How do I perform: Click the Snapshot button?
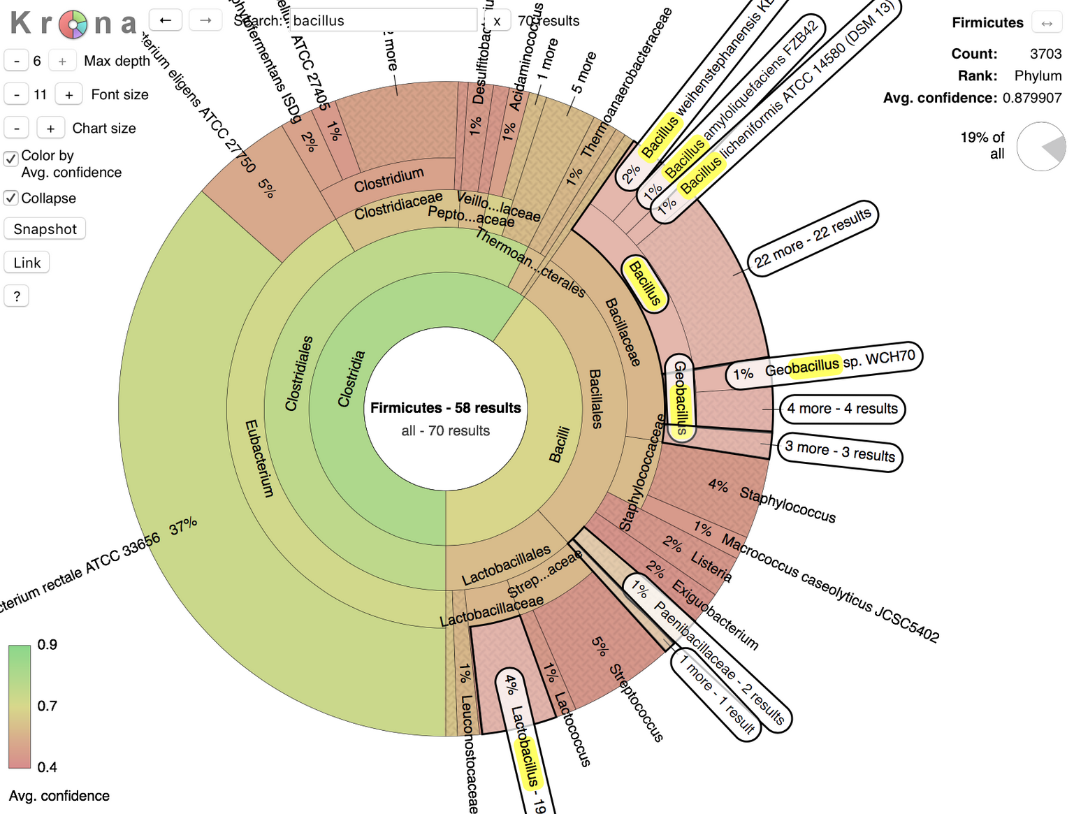tap(45, 229)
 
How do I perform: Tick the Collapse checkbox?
tap(11, 198)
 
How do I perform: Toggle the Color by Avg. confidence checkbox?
tap(11, 159)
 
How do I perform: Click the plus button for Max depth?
tap(62, 61)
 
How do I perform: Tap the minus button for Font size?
tap(17, 95)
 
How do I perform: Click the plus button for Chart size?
tap(50, 129)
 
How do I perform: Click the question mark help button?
tap(17, 296)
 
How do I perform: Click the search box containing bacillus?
tap(383, 20)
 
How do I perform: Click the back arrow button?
tap(166, 20)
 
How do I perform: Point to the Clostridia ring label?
tap(351, 379)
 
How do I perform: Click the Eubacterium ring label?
tap(259, 458)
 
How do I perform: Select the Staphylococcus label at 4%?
tap(788, 505)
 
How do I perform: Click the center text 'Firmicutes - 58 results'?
tap(446, 408)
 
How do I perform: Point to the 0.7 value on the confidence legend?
tap(48, 706)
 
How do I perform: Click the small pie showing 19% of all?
tap(1041, 147)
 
